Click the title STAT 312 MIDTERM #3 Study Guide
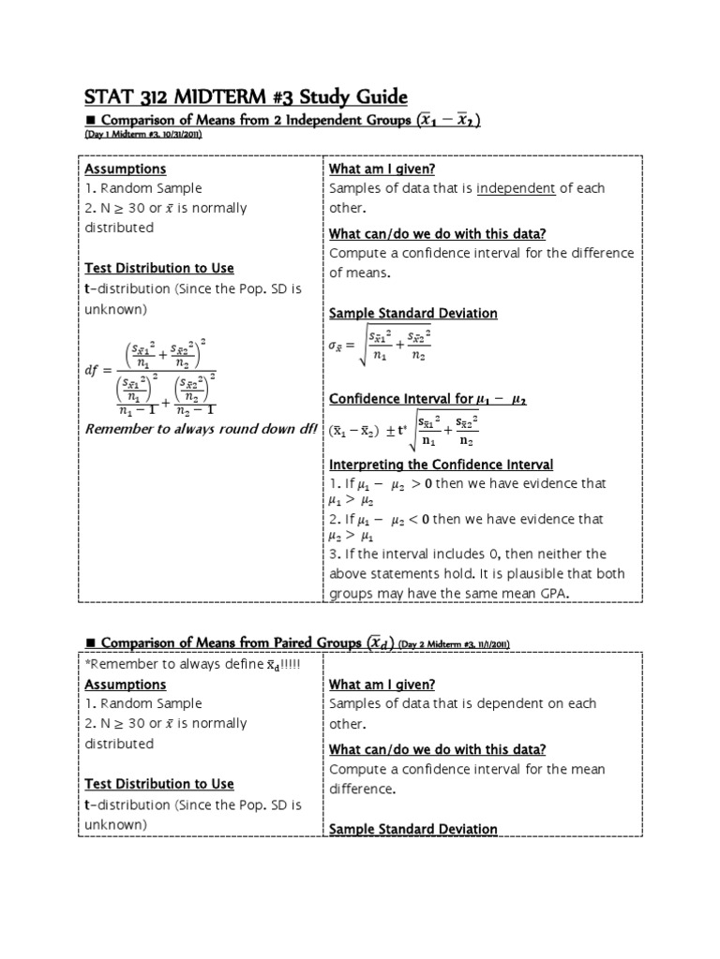tap(247, 97)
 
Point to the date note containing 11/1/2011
tap(453, 643)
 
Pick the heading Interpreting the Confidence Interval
tap(441, 465)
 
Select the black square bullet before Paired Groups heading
tap(91, 642)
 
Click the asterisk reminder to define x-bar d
tap(147, 664)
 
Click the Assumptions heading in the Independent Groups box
tap(126, 169)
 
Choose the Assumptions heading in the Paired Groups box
tap(126, 684)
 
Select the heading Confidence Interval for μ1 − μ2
tap(427, 399)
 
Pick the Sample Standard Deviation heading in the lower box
tap(412, 829)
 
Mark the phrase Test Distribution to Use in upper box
tap(159, 268)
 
